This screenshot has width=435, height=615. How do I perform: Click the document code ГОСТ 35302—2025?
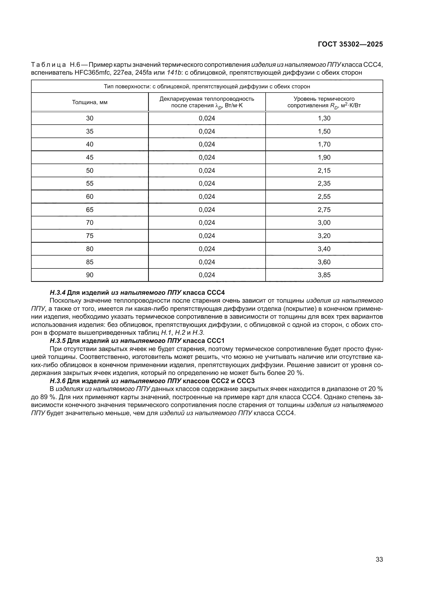pyautogui.click(x=350, y=44)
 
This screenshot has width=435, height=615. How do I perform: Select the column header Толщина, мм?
pyautogui.click(x=90, y=102)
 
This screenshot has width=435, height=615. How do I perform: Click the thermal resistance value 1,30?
pyautogui.click(x=324, y=118)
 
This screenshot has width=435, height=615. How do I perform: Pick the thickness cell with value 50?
pyautogui.click(x=90, y=170)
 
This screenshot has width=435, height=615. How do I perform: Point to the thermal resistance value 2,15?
pyautogui.click(x=324, y=170)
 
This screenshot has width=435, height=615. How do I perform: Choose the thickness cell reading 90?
pyautogui.click(x=90, y=275)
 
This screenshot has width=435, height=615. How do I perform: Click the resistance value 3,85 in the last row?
pyautogui.click(x=324, y=275)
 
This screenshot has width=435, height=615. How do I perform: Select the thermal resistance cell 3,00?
pyautogui.click(x=324, y=223)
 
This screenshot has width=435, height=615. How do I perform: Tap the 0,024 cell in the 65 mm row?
pyautogui.click(x=207, y=210)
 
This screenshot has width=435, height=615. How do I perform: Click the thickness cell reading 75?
pyautogui.click(x=90, y=236)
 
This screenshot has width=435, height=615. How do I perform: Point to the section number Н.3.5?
pyautogui.click(x=58, y=341)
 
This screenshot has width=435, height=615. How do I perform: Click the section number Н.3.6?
pyautogui.click(x=58, y=381)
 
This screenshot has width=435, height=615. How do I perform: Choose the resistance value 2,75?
pyautogui.click(x=324, y=210)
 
